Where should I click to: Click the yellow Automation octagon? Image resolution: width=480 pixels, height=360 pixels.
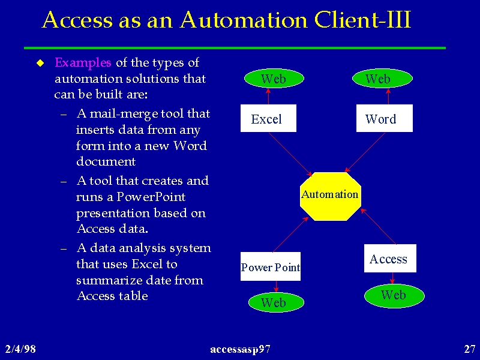331,196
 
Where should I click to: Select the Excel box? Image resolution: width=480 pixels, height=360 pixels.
268,118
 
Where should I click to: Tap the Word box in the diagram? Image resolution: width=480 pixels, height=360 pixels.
384,118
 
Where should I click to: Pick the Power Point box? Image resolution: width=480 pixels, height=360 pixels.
271,266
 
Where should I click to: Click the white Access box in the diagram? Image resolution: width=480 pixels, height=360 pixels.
390,258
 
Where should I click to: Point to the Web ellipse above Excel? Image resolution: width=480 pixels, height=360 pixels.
274,79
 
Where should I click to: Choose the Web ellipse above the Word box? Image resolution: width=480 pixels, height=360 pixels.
382,79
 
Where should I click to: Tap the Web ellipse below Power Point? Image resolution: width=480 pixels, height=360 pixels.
276,302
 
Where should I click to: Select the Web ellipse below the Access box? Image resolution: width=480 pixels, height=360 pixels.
394,296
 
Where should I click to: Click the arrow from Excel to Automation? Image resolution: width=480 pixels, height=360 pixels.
290,154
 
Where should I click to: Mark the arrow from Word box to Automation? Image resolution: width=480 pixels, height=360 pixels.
365,152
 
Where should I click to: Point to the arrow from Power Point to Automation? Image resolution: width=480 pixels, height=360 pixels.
290,235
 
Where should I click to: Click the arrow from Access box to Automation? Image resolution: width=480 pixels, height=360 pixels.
378,226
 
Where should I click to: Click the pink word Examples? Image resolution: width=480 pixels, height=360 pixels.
83,62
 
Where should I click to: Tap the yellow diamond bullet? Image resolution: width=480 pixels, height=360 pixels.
40,63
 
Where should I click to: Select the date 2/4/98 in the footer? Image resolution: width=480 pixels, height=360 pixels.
20,349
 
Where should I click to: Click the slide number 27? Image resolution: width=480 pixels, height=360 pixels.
470,349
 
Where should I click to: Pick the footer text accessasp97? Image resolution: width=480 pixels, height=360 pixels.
241,349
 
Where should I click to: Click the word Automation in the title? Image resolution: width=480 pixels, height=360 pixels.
244,20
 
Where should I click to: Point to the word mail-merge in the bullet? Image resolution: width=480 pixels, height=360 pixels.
124,114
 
